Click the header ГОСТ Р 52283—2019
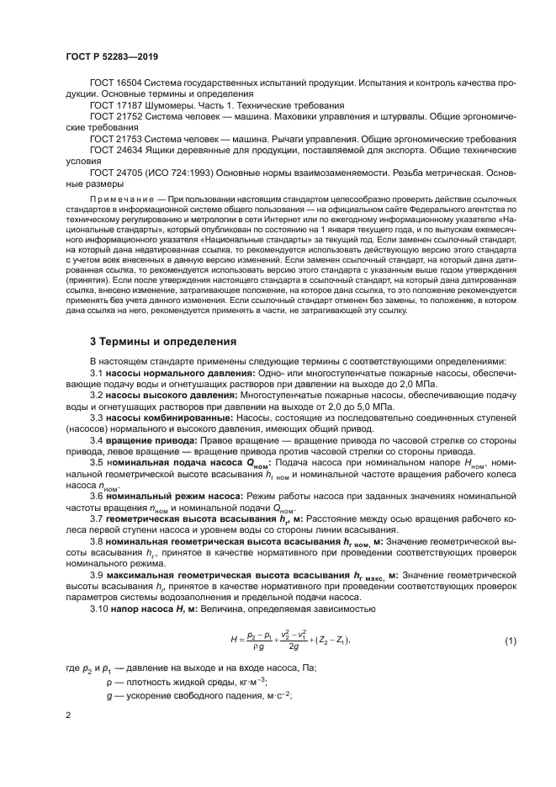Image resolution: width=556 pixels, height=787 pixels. coord(111,57)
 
